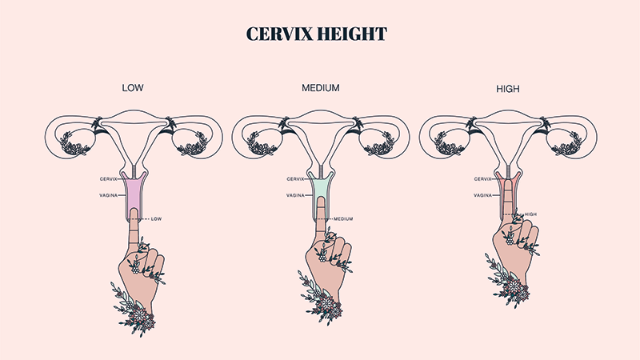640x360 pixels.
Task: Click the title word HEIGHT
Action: tap(355, 34)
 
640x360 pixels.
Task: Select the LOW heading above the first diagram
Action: tap(131, 87)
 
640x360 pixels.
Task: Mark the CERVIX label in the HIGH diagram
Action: tap(482, 179)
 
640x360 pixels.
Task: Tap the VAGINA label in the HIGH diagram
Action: tap(482, 195)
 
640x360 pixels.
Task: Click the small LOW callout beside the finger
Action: tap(156, 218)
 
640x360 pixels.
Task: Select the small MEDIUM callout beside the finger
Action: tap(344, 218)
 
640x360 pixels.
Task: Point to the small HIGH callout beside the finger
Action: tap(530, 214)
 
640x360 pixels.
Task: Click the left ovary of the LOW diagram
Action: tap(79, 145)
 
